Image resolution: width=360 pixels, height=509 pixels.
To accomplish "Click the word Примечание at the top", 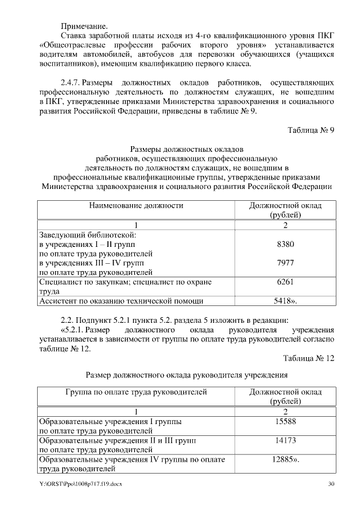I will tap(84, 26).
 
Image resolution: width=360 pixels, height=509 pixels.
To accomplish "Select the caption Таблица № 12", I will tap(309, 358).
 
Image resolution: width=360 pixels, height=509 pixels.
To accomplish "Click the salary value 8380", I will tap(285, 245).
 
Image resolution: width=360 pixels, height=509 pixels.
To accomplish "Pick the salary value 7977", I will tap(285, 263).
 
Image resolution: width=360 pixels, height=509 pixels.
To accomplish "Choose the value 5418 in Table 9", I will tap(285, 301).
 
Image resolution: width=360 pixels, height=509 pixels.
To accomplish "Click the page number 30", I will tap(331, 484).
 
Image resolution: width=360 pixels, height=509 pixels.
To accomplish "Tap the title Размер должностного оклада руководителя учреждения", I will tap(186, 375).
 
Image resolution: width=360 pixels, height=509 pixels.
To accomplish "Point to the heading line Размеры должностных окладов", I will tap(186, 150).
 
